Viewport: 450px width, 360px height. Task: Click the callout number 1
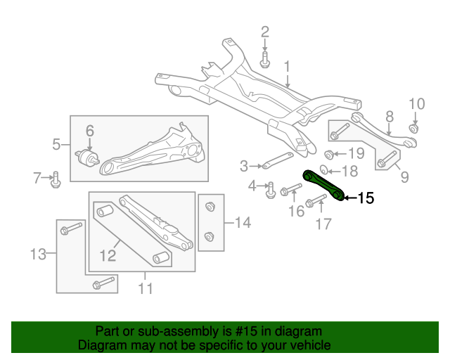pyautogui.click(x=287, y=67)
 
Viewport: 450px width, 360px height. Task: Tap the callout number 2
pyautogui.click(x=265, y=32)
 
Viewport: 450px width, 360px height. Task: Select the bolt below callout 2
pyautogui.click(x=265, y=60)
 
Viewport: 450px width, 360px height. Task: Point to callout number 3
pyautogui.click(x=244, y=167)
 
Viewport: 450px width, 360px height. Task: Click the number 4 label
pyautogui.click(x=252, y=186)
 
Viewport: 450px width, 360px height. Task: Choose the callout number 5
pyautogui.click(x=56, y=146)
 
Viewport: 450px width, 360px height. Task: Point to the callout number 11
pyautogui.click(x=145, y=288)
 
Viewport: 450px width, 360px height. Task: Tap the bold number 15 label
pyautogui.click(x=366, y=198)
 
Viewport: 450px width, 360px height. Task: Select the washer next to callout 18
pyautogui.click(x=323, y=169)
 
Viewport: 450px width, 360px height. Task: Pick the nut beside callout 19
pyautogui.click(x=329, y=154)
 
